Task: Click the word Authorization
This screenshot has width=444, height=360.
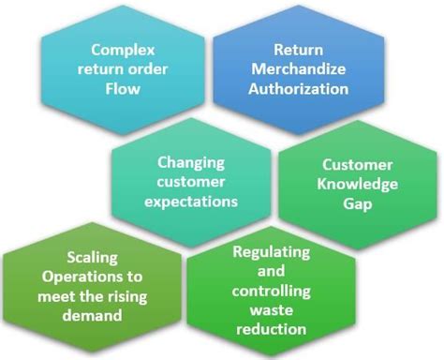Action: (x=298, y=90)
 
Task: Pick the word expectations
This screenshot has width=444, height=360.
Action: (x=192, y=201)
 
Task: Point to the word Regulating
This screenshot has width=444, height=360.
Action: (x=270, y=253)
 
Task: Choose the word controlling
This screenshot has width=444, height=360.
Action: (x=270, y=292)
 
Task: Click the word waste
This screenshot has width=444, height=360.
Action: (x=270, y=310)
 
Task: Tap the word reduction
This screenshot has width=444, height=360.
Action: (x=270, y=330)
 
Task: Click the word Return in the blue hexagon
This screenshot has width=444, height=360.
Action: (x=297, y=48)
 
